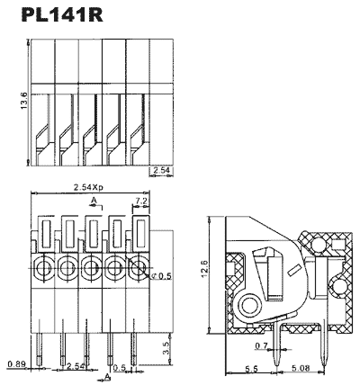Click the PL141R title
point(62,15)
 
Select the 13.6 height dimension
point(24,101)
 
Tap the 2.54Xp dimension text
point(88,187)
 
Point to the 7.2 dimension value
point(141,201)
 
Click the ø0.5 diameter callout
point(161,276)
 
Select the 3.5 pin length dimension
point(166,348)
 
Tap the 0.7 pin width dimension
point(261,346)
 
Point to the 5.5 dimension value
point(251,369)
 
